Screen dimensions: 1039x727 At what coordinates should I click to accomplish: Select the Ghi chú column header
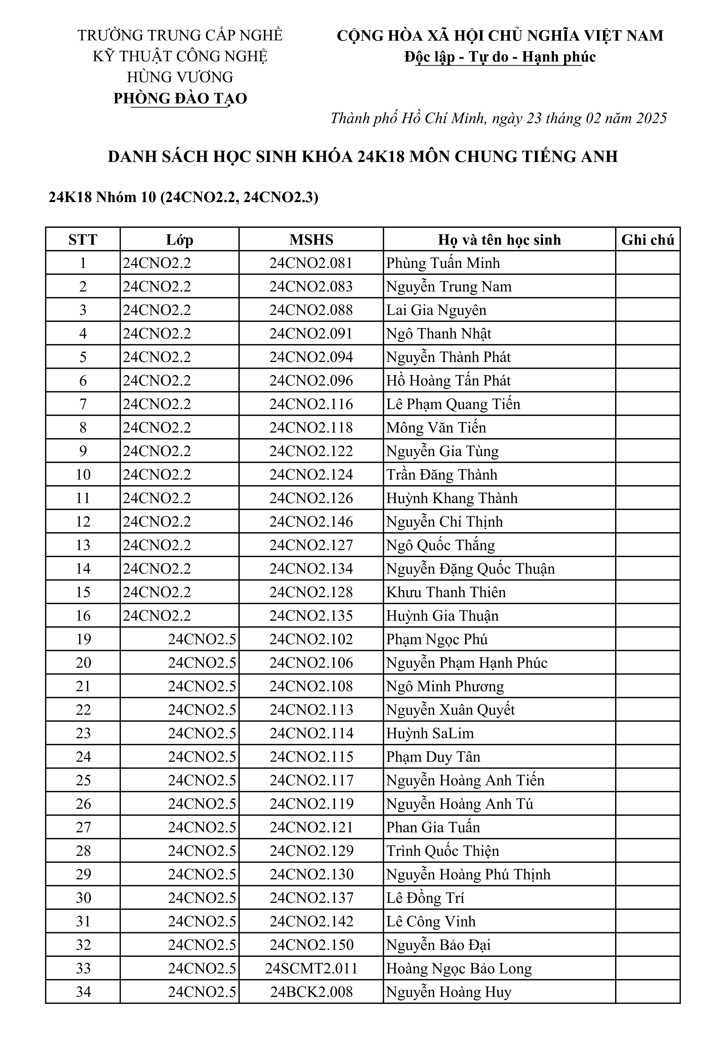[x=647, y=240]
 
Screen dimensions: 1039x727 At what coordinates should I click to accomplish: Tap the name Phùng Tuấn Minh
[x=443, y=263]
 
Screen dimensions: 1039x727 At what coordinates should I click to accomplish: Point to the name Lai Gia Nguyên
[x=436, y=310]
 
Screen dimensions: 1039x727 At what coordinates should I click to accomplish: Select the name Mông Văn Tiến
[x=436, y=428]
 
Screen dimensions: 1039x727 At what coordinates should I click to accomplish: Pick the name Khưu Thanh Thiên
[x=446, y=592]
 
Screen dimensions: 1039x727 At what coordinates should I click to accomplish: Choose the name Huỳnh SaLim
[x=430, y=733]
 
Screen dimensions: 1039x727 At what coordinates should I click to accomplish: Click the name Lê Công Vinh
[x=431, y=921]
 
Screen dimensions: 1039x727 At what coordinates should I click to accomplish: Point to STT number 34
[x=83, y=992]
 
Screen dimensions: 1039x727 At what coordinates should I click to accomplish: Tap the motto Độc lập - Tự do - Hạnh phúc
[x=500, y=57]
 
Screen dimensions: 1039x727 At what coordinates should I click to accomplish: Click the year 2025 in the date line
[x=652, y=118]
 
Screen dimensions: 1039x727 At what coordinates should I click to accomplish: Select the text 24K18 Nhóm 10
[x=102, y=197]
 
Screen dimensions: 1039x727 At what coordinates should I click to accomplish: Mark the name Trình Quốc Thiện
[x=442, y=851]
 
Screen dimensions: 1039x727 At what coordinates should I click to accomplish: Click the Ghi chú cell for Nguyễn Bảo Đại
[x=647, y=945]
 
